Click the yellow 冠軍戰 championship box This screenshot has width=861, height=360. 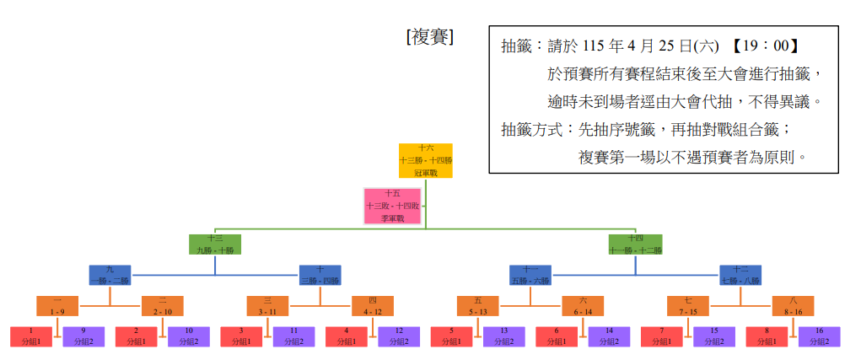(x=425, y=160)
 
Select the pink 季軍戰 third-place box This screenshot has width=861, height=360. (x=394, y=206)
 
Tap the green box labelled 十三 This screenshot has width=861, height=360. (x=215, y=244)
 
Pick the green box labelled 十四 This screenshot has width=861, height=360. (x=635, y=244)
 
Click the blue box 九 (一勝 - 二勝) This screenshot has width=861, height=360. (x=110, y=275)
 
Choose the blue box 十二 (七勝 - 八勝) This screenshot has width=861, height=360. (x=740, y=275)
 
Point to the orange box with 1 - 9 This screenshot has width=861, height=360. (x=57, y=306)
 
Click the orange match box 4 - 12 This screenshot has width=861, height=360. (x=373, y=306)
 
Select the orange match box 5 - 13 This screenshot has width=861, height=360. (x=478, y=306)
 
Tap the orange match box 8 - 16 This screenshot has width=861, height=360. (x=793, y=306)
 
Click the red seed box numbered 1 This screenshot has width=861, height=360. (x=31, y=336)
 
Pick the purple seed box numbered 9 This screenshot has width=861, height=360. (x=83, y=336)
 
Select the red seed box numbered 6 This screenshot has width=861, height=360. (x=557, y=336)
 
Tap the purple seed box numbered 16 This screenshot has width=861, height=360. (x=819, y=336)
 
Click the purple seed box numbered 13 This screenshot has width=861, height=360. (x=503, y=336)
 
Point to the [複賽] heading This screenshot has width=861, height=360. (x=430, y=38)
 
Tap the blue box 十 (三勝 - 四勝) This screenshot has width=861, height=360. (x=320, y=275)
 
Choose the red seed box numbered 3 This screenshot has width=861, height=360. (x=241, y=336)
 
